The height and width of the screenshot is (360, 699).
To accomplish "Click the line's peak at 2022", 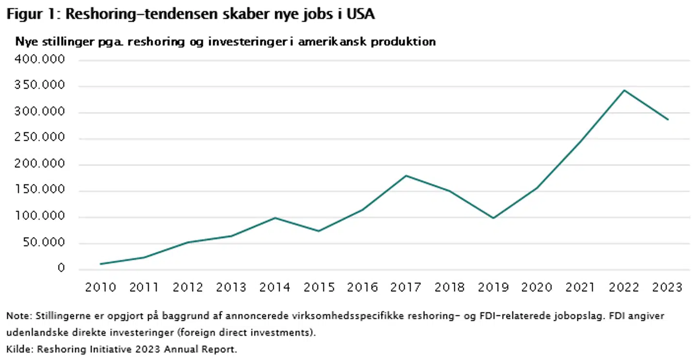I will (624, 90).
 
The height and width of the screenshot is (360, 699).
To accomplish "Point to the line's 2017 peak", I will (406, 175).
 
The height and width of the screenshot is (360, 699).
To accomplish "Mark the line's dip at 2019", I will (493, 218).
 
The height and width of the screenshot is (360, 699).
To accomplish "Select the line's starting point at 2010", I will (100, 264).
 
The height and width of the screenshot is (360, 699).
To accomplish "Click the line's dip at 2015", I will (319, 231).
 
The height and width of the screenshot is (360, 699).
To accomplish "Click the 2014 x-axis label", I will (275, 288).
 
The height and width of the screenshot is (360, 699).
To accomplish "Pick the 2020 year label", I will (537, 288).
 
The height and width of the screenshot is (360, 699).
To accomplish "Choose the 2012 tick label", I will (188, 288).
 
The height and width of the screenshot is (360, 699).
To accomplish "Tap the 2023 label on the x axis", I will (667, 288).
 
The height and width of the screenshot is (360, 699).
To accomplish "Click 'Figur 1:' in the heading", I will (33, 14).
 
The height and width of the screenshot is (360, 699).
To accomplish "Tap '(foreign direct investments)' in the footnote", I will (251, 333).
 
